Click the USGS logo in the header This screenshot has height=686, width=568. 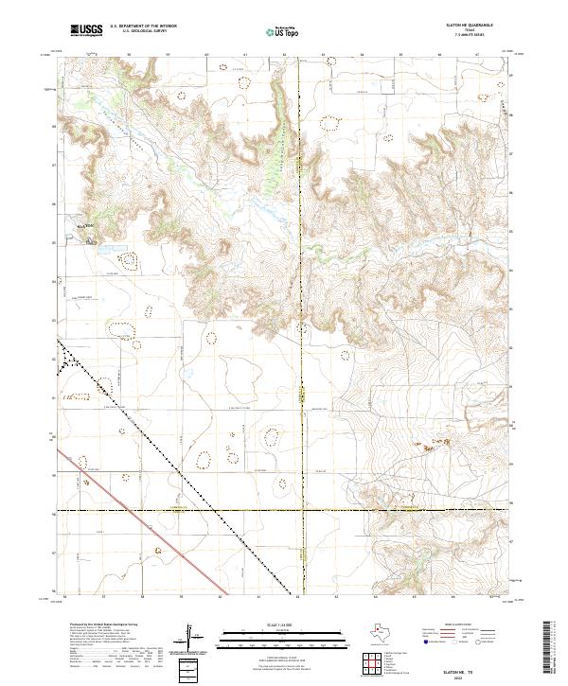pyautogui.click(x=86, y=30)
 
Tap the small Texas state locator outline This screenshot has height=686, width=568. pyautogui.click(x=384, y=630)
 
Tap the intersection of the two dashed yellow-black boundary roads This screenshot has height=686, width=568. pyautogui.click(x=301, y=511)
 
